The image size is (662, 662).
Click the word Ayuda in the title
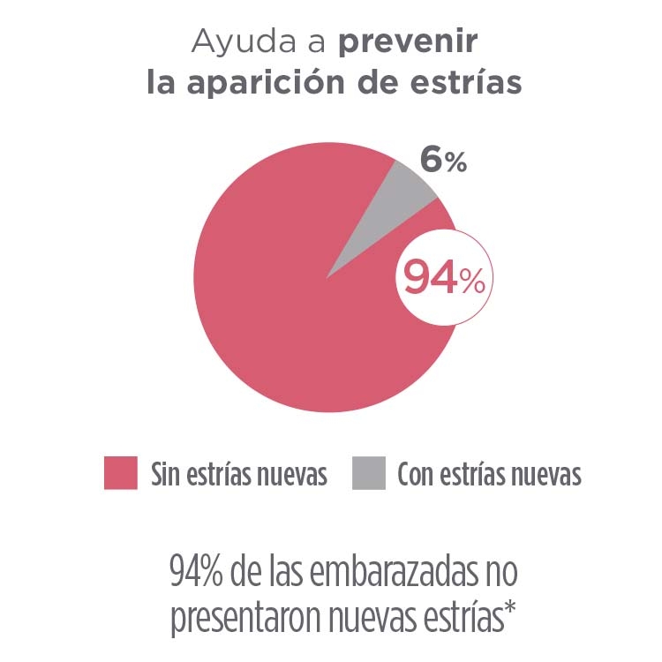232,41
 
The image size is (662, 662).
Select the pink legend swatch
121,473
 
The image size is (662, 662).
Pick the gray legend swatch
368,473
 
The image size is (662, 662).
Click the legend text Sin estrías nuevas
239,475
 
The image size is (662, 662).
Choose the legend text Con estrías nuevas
489,475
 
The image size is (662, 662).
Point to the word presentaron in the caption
244,619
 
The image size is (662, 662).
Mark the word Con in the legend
414,475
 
